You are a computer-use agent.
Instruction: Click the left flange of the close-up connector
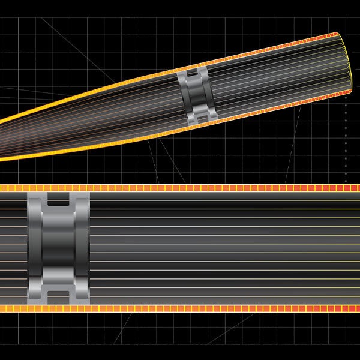tap(35, 248)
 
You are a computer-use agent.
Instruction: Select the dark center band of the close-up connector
tap(58, 248)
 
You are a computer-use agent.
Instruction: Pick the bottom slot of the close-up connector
tap(58, 295)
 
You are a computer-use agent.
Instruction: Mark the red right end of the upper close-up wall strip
tap(351, 188)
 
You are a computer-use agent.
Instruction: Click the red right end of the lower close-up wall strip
tap(351, 308)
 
